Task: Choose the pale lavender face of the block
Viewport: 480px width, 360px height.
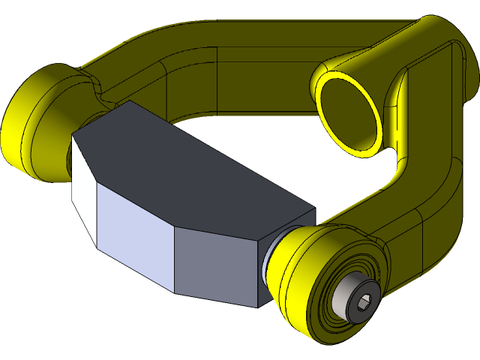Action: [x=135, y=232]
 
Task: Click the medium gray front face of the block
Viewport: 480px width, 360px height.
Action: [x=217, y=262]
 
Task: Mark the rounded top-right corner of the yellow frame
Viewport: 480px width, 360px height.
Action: [x=439, y=34]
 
